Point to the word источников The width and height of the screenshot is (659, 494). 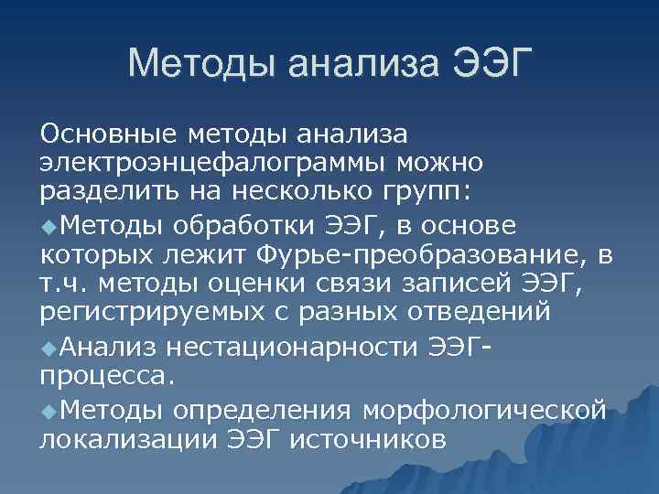[368, 437]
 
